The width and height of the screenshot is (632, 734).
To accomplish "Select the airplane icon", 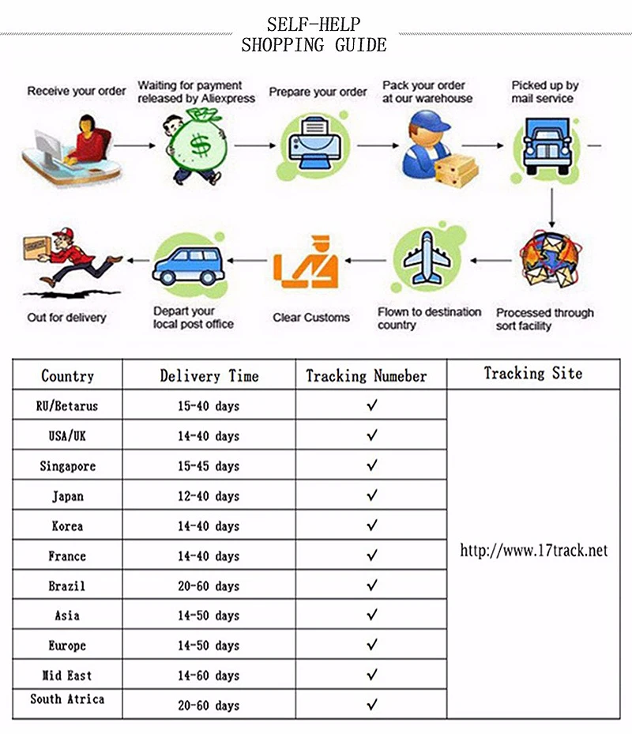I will pos(427,258).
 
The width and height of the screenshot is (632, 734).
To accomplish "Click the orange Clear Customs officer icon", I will pos(306,264).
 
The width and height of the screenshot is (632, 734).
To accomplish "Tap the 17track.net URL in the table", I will pos(534,551).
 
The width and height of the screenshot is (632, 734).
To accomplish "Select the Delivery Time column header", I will pos(209,376).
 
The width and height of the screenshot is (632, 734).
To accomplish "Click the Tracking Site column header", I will pos(533,374).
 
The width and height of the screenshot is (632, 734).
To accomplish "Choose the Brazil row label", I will pos(67,586).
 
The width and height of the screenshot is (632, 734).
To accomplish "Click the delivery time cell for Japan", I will pos(209,496).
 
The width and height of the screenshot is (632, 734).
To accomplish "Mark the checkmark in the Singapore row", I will pos(371,465).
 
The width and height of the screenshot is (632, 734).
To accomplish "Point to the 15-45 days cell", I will pos(209,466).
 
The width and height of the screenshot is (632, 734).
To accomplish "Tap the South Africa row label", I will pos(67,699).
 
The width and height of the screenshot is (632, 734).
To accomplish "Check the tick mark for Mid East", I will pos(371,675).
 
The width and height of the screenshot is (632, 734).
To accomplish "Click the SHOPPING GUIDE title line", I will pos(314,45).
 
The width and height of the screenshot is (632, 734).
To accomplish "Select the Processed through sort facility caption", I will pos(544,319).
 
